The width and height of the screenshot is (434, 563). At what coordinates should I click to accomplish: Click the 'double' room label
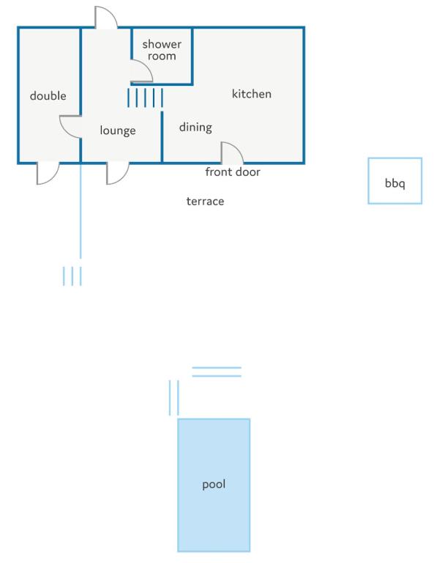coord(48,95)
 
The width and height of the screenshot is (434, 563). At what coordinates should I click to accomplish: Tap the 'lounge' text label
coord(118,130)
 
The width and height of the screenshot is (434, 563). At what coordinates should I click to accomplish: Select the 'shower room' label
coord(162,50)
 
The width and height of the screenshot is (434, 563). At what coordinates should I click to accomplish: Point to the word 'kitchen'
coord(252,94)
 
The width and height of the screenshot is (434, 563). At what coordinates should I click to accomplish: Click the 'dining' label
coord(195,128)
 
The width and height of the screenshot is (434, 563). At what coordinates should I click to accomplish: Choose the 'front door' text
coord(233,172)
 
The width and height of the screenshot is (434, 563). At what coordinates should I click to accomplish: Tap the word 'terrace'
coord(205,201)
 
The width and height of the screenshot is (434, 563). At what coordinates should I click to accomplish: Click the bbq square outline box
coord(368,181)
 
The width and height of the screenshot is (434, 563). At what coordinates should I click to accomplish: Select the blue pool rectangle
coord(214,485)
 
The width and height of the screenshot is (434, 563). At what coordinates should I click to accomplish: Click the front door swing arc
coord(237,148)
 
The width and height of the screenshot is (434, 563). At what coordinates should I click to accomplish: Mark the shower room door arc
coord(148,67)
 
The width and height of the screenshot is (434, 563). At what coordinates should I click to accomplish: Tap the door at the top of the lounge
coord(111,14)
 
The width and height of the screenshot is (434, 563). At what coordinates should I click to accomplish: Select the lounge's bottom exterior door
coord(124,179)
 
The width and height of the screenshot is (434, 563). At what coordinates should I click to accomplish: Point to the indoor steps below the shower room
coord(145,97)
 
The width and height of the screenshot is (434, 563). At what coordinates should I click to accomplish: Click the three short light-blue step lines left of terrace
coord(72,276)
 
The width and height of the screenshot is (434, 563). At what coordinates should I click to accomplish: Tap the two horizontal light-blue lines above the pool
coord(217,372)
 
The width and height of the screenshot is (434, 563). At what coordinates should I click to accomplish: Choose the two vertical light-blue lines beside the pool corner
coord(173,398)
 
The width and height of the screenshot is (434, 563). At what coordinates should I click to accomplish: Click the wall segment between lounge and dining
coord(162,136)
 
